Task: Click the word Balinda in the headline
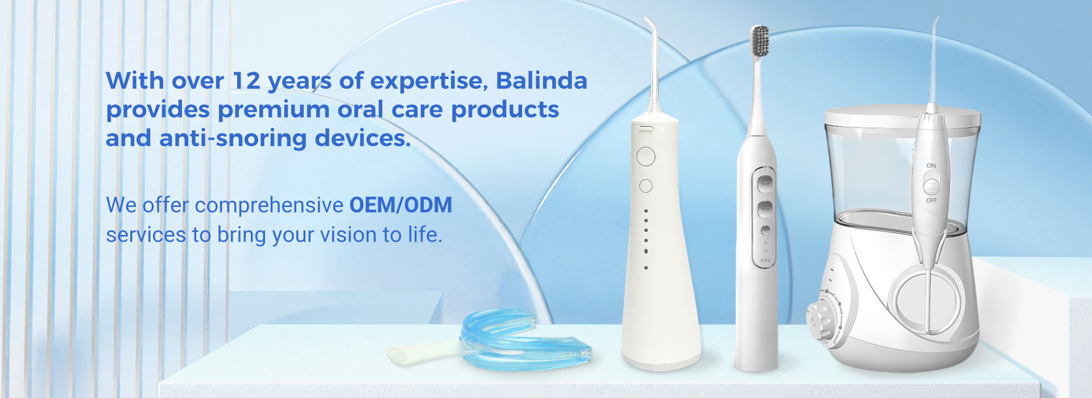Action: [x=541, y=80]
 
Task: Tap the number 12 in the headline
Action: [x=246, y=81]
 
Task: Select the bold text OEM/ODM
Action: [x=400, y=205]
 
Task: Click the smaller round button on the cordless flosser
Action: [x=646, y=186]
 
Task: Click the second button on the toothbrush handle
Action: [x=766, y=209]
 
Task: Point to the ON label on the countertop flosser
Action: [x=931, y=165]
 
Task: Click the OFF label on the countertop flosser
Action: [x=932, y=200]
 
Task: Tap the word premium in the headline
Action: [x=274, y=110]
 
